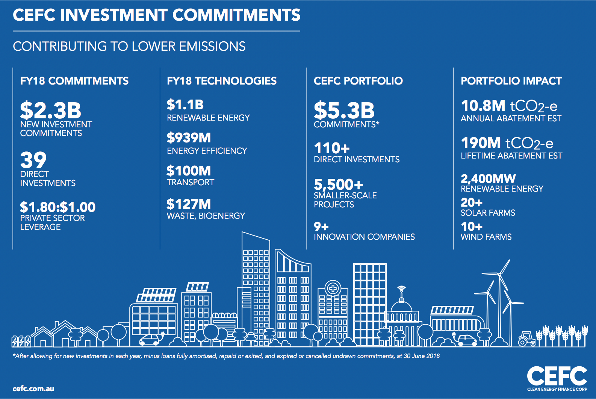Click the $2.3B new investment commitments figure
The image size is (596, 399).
point(51,110)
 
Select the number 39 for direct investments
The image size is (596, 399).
point(33,160)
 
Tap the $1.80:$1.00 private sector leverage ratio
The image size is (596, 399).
point(58,207)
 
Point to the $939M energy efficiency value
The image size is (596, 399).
point(189,138)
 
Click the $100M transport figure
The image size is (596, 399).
point(189,171)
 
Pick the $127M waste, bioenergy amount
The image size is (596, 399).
point(189,204)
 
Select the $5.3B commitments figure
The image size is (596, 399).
point(344,110)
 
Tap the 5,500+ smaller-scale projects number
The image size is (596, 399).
point(339,184)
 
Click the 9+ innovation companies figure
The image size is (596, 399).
point(321,227)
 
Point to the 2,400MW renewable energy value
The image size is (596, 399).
point(488,178)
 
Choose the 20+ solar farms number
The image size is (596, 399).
point(472,203)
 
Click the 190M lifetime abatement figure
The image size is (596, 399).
point(481,143)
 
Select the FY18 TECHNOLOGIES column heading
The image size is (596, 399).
point(222,81)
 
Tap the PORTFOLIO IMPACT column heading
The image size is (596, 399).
point(511,81)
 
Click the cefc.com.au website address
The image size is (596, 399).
point(33,388)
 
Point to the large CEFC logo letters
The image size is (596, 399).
point(557,376)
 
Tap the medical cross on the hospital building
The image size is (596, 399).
point(333,288)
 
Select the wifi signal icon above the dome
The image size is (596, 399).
point(401,288)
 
